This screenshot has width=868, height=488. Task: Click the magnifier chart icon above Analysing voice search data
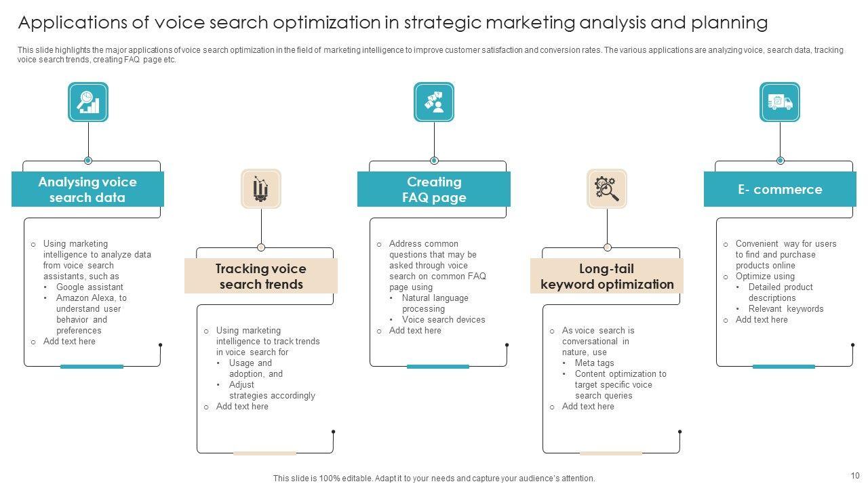pyautogui.click(x=88, y=102)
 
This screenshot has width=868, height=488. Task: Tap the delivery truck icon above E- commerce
pyautogui.click(x=780, y=102)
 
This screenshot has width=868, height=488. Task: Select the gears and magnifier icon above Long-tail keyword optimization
pyautogui.click(x=607, y=188)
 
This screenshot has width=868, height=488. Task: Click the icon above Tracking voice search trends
pyautogui.click(x=261, y=188)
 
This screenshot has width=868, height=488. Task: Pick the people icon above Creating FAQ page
pyautogui.click(x=434, y=102)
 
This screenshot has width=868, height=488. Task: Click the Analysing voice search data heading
pyautogui.click(x=87, y=190)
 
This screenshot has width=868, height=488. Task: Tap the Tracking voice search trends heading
pyautogui.click(x=261, y=277)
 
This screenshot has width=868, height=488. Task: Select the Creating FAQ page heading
pyautogui.click(x=434, y=190)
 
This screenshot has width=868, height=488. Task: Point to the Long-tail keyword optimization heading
pyautogui.click(x=607, y=277)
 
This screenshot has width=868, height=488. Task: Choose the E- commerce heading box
pyautogui.click(x=780, y=190)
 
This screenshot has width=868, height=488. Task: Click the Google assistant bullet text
pyautogui.click(x=90, y=287)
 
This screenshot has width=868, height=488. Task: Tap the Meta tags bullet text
pyautogui.click(x=594, y=363)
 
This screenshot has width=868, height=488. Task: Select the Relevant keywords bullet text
pyautogui.click(x=786, y=309)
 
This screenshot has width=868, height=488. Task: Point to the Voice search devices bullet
pyautogui.click(x=443, y=320)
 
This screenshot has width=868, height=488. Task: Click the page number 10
pyautogui.click(x=854, y=476)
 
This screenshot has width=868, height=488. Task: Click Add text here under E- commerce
pyautogui.click(x=762, y=320)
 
